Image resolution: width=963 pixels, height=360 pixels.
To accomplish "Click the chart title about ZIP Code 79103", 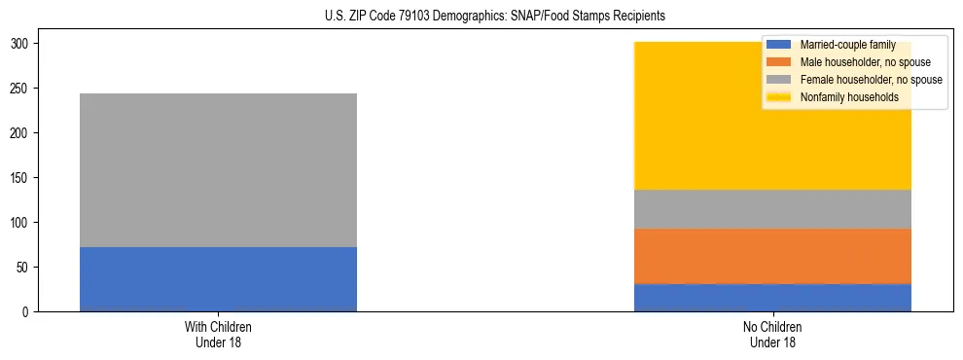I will pyautogui.click(x=481, y=17).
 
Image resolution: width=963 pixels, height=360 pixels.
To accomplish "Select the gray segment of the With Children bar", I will pyautogui.click(x=218, y=170).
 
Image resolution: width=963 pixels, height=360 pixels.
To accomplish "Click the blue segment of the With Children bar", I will pyautogui.click(x=218, y=279).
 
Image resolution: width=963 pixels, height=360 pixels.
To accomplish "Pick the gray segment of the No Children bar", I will pyautogui.click(x=772, y=209).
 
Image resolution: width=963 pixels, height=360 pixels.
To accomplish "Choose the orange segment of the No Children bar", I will pyautogui.click(x=772, y=256).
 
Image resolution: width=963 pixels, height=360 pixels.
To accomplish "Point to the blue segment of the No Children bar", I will pyautogui.click(x=772, y=298).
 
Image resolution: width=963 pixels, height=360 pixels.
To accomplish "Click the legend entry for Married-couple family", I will pyautogui.click(x=843, y=45).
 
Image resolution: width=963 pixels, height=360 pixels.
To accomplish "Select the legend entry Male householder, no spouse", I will pyautogui.click(x=865, y=62).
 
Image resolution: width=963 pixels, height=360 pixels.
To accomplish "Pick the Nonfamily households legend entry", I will pyautogui.click(x=849, y=97).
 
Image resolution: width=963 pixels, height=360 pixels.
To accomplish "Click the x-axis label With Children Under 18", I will pyautogui.click(x=218, y=335).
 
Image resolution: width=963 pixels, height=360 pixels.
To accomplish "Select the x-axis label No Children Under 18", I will pyautogui.click(x=772, y=335).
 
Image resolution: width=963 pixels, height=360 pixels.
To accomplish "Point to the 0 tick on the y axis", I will pyautogui.click(x=27, y=312).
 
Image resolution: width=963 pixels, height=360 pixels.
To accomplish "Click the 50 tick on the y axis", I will pyautogui.click(x=24, y=268).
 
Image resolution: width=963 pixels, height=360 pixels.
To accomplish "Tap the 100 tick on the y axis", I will pyautogui.click(x=21, y=223).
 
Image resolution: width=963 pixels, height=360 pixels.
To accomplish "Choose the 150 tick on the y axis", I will pyautogui.click(x=21, y=178).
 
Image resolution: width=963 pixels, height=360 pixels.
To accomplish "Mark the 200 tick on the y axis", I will pyautogui.click(x=21, y=133).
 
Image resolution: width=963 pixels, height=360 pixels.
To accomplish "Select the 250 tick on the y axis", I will pyautogui.click(x=21, y=89).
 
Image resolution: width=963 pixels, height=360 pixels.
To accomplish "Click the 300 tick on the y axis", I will pyautogui.click(x=21, y=44).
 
